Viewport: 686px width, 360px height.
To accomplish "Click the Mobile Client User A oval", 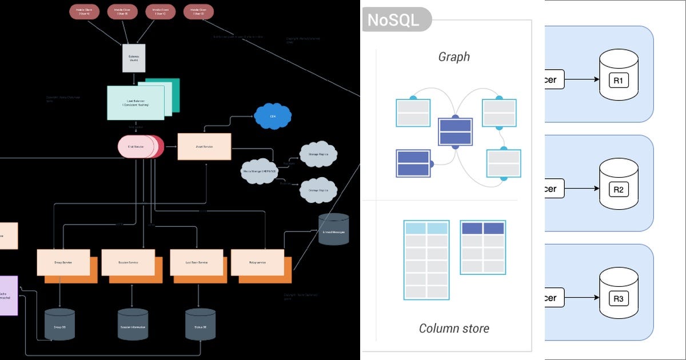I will click(x=85, y=11).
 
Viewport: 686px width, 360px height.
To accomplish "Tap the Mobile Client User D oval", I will click(x=199, y=11).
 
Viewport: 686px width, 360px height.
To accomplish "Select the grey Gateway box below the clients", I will click(x=134, y=58).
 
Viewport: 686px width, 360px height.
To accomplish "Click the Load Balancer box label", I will click(x=135, y=103).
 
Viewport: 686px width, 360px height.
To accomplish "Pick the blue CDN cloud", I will click(x=273, y=117).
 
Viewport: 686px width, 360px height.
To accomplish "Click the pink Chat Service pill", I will click(x=136, y=147).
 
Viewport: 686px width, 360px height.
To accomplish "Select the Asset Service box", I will click(x=204, y=147).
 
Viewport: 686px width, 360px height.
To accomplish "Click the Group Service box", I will click(x=63, y=262).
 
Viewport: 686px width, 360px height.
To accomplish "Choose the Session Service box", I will click(x=128, y=262).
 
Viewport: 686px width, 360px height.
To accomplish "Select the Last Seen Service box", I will click(x=196, y=262).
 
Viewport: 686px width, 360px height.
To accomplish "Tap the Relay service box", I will click(x=257, y=262).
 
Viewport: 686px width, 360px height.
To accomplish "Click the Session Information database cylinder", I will click(x=133, y=326).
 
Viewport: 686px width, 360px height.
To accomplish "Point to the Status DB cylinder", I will click(x=200, y=326).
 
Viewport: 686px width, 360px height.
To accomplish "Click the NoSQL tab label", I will click(x=393, y=20).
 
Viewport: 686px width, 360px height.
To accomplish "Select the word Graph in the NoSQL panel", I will click(x=454, y=57).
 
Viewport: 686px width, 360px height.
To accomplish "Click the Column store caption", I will click(x=454, y=328).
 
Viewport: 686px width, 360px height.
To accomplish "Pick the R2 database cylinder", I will click(x=618, y=185).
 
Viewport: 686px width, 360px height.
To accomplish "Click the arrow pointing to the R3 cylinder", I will click(x=581, y=298).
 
